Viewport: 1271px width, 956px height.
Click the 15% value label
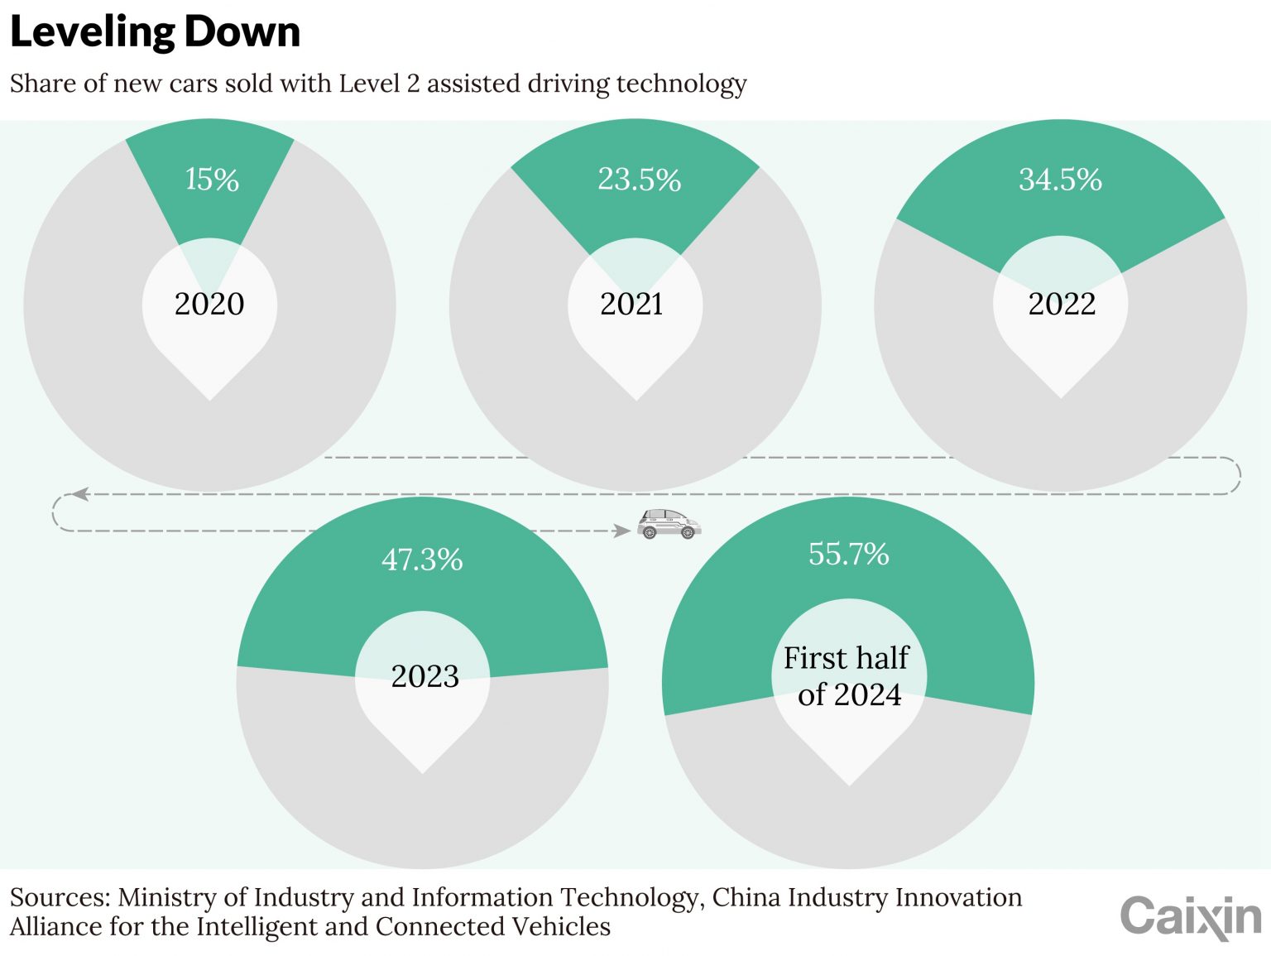[212, 179]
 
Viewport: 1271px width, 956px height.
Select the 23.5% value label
[639, 179]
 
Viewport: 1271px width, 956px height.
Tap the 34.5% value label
[1060, 179]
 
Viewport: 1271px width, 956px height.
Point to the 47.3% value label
[422, 560]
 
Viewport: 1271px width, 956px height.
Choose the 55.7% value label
[848, 554]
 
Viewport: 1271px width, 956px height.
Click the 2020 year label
[209, 304]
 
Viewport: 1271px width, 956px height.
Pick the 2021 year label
[632, 304]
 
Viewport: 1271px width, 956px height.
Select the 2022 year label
[1062, 304]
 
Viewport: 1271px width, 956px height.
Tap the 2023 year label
[424, 676]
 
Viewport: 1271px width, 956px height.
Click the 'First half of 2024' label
[847, 675]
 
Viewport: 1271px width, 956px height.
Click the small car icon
[669, 524]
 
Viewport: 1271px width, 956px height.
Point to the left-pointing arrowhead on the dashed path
[80, 494]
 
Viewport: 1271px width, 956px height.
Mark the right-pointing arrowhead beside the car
[621, 531]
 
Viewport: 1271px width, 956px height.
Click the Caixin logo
[1190, 917]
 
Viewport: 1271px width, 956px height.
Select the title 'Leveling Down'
[155, 32]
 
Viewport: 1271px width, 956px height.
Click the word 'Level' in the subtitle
[369, 84]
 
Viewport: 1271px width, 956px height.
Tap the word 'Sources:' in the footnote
[60, 897]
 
